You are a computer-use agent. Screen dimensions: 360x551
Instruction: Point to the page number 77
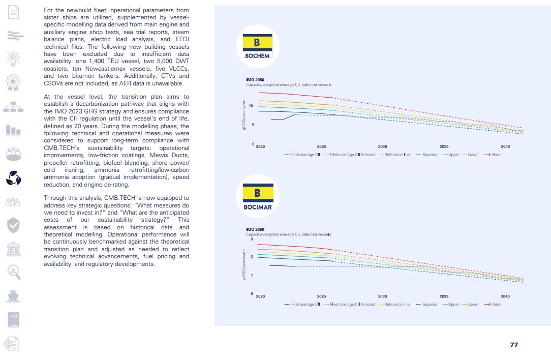[514, 345]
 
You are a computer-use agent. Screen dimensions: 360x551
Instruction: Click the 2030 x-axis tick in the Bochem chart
[382, 146]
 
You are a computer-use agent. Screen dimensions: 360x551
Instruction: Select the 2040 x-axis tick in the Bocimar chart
[505, 296]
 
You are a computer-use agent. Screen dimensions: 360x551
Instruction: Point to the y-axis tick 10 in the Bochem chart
[251, 106]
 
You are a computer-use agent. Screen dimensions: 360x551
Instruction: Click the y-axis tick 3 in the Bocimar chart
[252, 239]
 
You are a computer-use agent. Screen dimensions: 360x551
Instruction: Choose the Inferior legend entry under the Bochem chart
[493, 155]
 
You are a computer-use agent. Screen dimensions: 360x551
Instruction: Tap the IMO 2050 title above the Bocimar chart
[255, 230]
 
